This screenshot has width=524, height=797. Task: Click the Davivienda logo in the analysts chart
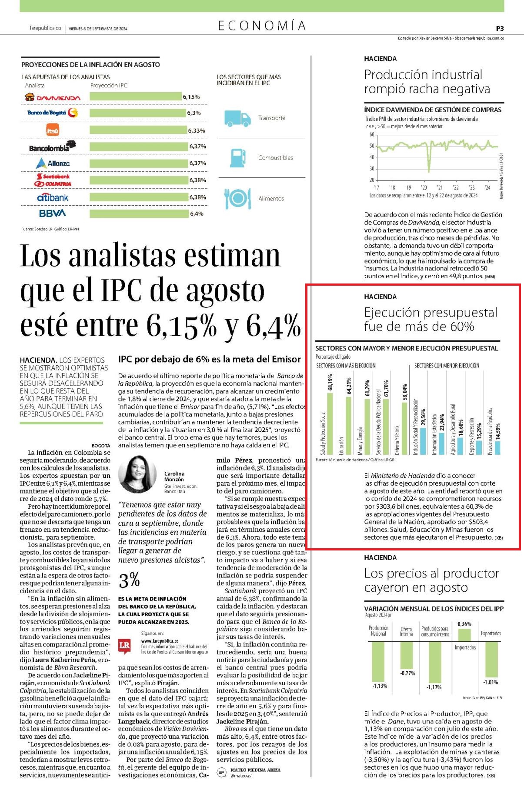tap(53, 97)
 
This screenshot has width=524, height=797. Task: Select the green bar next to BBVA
tap(139, 213)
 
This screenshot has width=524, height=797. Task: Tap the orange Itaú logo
tap(53, 130)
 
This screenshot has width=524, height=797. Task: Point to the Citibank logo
tap(53, 197)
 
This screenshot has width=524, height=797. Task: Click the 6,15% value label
tap(191, 97)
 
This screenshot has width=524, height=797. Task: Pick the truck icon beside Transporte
tap(237, 118)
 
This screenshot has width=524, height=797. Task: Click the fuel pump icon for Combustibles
tap(237, 158)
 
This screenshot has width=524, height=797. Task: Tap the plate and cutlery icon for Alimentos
tap(237, 198)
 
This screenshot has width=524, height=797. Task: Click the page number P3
tap(500, 28)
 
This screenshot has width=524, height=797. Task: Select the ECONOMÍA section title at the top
tap(262, 26)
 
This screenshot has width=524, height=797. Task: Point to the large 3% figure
tap(129, 580)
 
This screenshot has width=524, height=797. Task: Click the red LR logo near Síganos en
tap(124, 646)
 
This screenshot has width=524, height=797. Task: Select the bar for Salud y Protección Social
tap(330, 424)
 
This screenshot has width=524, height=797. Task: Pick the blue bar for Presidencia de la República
tap(498, 448)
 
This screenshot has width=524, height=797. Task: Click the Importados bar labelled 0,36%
tap(464, 635)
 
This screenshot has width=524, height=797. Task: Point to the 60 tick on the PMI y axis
tap(372, 135)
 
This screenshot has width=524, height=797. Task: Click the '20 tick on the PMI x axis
tap(424, 187)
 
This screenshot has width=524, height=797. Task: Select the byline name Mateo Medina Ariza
tap(256, 770)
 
